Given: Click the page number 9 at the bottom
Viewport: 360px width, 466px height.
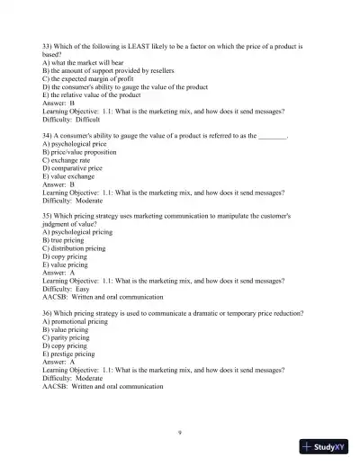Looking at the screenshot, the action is [x=180, y=433].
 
